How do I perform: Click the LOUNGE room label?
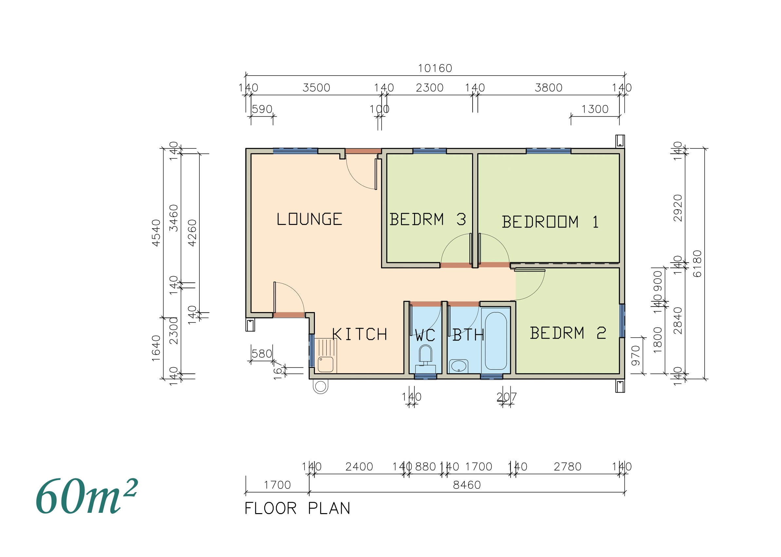tap(309, 219)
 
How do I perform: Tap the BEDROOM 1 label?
tap(550, 222)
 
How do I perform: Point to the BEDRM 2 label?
tap(567, 333)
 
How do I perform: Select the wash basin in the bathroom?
tap(458, 366)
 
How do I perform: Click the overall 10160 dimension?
tap(435, 68)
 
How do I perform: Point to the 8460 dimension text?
tap(467, 485)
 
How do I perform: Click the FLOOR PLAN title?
tap(297, 508)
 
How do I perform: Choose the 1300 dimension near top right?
tap(595, 109)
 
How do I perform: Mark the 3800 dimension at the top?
tap(549, 88)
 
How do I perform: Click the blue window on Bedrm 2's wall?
tap(622, 321)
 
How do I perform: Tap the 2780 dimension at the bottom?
tap(567, 466)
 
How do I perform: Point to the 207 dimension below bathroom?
tap(506, 397)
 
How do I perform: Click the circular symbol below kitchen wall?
tap(320, 386)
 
